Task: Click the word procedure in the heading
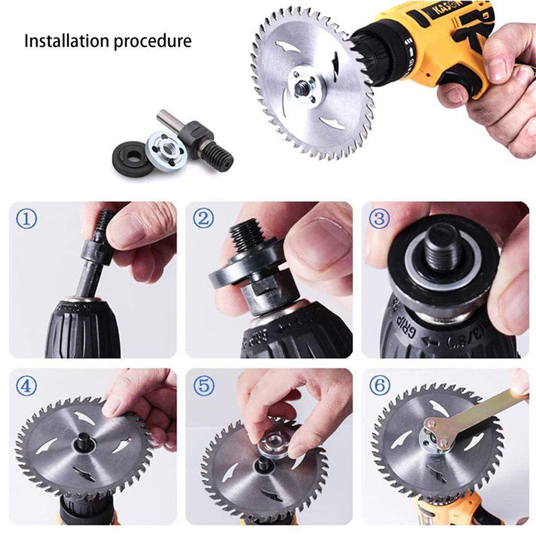tap(152, 41)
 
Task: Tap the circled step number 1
tap(26, 219)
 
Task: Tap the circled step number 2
tap(203, 218)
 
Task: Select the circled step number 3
tap(379, 218)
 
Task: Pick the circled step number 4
tap(26, 386)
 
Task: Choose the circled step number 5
tap(204, 386)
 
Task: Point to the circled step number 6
tap(379, 386)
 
